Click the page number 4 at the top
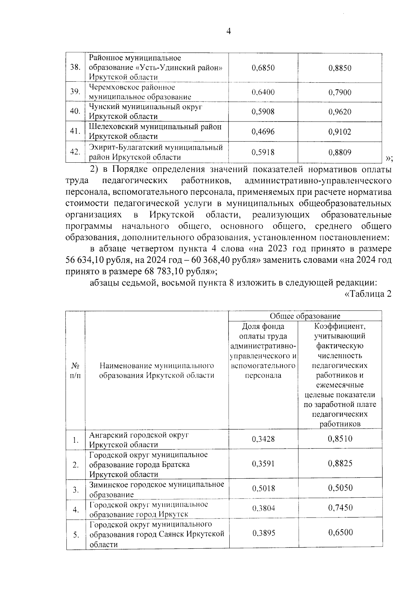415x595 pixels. point(228,31)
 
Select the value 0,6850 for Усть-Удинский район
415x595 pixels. point(263,68)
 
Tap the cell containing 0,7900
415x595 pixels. point(340,92)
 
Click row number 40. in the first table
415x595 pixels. point(75,111)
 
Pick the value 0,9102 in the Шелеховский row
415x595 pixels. point(340,132)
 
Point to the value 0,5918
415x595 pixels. point(263,152)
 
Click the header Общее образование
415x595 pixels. point(305,316)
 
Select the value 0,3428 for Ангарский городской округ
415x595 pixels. point(263,439)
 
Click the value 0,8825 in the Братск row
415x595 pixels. point(340,463)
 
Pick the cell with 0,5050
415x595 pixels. point(340,488)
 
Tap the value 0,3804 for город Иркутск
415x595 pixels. point(263,508)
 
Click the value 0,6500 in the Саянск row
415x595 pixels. point(340,532)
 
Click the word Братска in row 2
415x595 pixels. point(176,465)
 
